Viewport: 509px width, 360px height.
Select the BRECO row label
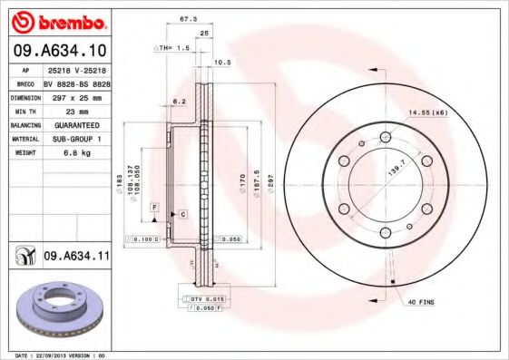point(24,82)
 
